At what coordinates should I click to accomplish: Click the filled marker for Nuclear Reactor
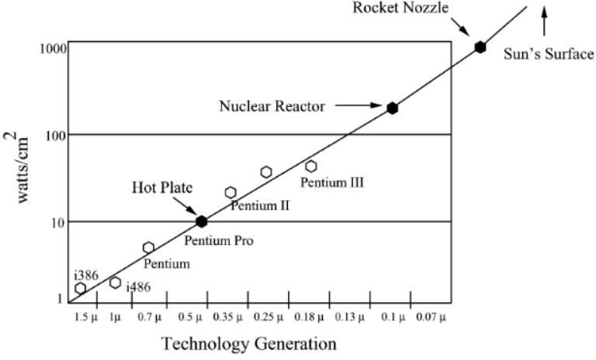click(393, 108)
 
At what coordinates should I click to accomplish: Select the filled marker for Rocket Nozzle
click(480, 47)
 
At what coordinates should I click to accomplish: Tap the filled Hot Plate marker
click(202, 221)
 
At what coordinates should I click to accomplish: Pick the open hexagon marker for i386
click(81, 289)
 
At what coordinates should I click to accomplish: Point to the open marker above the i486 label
click(116, 282)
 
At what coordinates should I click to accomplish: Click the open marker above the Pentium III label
click(311, 166)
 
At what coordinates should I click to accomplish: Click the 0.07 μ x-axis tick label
click(431, 317)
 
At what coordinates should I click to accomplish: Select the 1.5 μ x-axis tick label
click(86, 317)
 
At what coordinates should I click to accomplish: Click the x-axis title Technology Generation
click(248, 343)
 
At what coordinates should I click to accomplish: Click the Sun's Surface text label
click(549, 54)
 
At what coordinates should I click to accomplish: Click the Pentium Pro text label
click(219, 241)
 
